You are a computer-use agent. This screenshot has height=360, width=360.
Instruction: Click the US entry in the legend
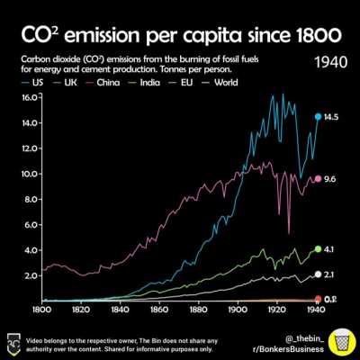[x=32, y=81]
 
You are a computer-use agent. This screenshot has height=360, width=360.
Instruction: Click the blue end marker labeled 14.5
[x=318, y=116]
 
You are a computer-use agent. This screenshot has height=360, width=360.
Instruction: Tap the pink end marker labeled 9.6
[x=318, y=179]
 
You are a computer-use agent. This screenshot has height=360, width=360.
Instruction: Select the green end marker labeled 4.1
[x=318, y=249]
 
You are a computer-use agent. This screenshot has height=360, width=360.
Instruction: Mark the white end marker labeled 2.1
[x=318, y=274]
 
